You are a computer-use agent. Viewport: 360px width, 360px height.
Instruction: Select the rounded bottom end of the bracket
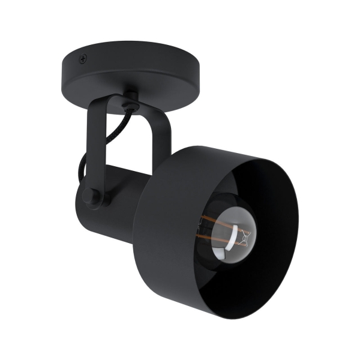click(96, 201)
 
